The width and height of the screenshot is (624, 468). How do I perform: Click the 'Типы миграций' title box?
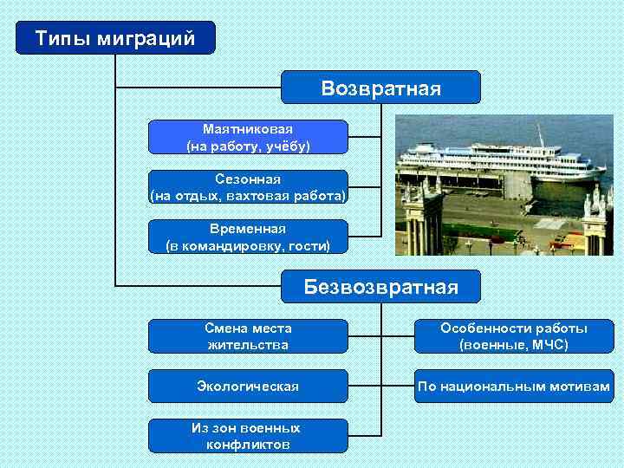coord(115,38)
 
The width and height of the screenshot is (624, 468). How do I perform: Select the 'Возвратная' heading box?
coord(380,88)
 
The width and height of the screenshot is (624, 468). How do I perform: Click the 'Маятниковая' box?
coord(248,137)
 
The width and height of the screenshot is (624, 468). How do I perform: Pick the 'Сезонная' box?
coord(248,187)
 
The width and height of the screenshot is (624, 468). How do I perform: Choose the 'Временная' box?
coord(248,237)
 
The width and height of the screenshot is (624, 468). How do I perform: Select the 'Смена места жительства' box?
coord(248,336)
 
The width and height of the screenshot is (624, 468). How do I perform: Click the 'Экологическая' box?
coord(248,386)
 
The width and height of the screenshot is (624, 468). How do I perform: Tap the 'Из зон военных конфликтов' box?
coord(248,436)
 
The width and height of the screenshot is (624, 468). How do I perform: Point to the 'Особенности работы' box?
coord(514,336)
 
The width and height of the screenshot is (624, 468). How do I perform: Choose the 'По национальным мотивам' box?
coord(514,386)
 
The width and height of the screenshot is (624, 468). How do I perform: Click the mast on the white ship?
coord(538,135)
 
